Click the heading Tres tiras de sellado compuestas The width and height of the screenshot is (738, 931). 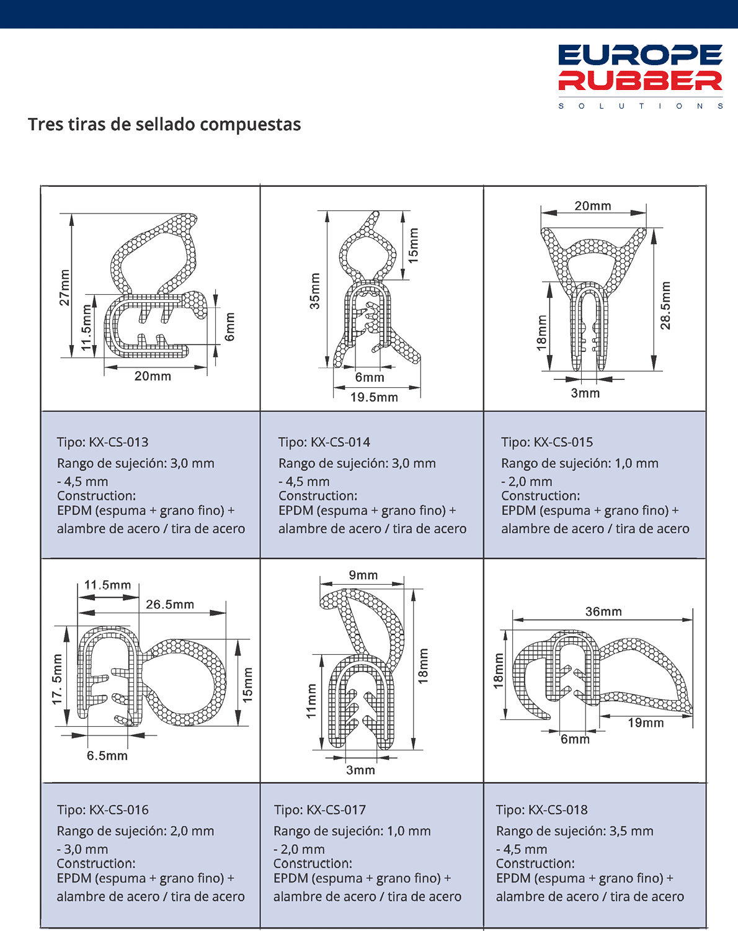[164, 124]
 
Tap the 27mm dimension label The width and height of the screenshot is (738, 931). [64, 287]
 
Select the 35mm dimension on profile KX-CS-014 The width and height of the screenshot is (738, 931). [315, 291]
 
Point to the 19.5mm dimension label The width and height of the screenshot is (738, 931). [374, 397]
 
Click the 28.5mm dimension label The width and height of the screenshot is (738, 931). [665, 305]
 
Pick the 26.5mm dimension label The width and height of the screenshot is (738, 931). [170, 605]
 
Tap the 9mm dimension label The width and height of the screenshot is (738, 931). [363, 575]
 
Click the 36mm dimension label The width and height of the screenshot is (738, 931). [603, 611]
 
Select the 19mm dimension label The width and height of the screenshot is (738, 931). [646, 722]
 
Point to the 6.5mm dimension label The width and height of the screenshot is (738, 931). [107, 755]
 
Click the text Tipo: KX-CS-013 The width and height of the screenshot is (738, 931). [103, 443]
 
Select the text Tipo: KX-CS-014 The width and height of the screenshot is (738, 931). [324, 443]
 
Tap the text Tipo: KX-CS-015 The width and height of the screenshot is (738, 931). [547, 443]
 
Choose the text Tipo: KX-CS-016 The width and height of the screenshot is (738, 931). [103, 810]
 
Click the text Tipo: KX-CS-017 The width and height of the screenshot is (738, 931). [320, 810]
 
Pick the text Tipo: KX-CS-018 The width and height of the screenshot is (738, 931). [542, 810]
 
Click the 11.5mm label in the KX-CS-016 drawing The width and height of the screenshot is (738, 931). [108, 585]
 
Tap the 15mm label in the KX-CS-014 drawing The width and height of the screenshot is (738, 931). [414, 245]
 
